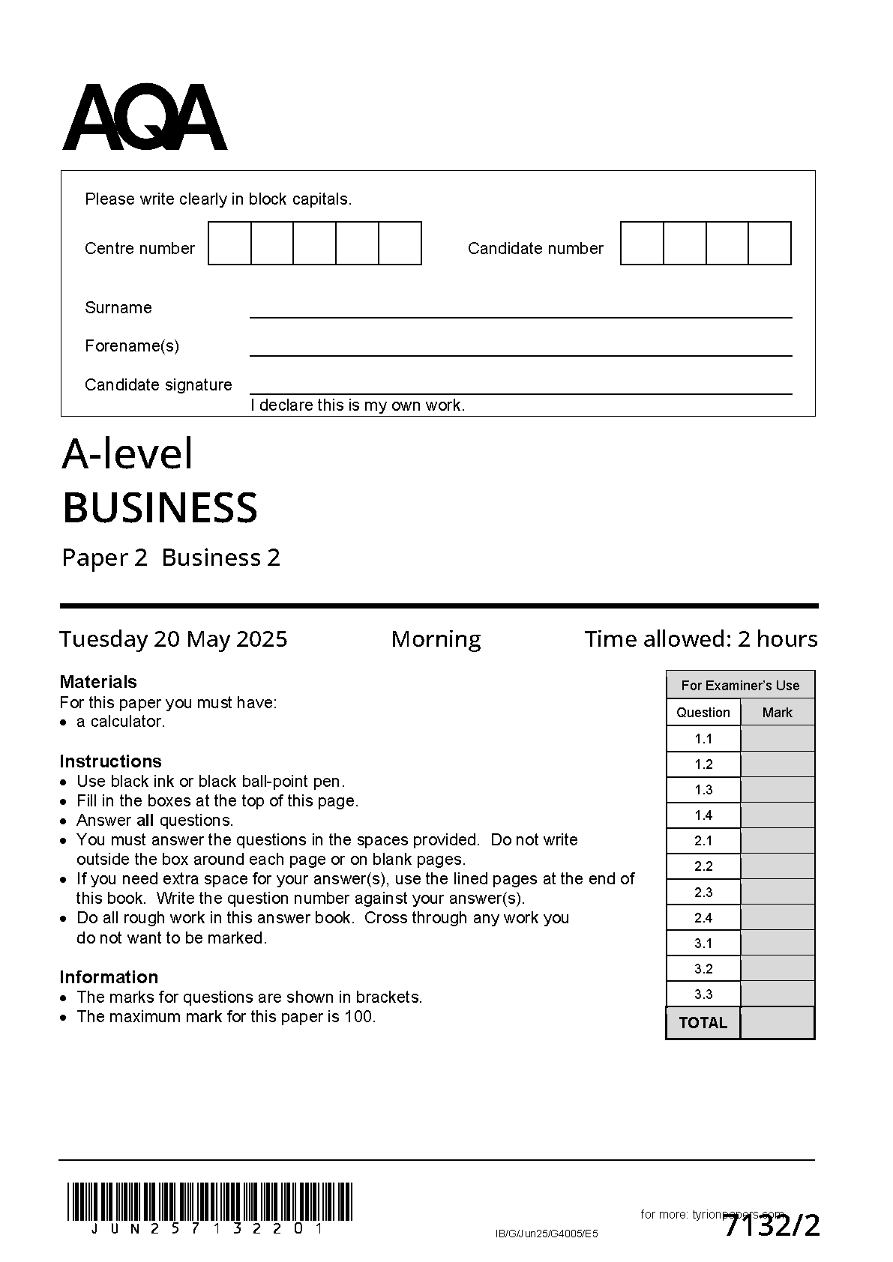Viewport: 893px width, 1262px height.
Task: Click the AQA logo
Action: [x=144, y=118]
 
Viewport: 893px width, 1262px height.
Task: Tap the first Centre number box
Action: [x=229, y=244]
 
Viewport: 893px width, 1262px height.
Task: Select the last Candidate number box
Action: [x=770, y=244]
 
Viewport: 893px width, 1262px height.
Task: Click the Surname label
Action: [x=118, y=308]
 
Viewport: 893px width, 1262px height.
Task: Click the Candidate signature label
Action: [x=158, y=385]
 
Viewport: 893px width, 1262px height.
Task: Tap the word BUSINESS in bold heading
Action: [x=160, y=508]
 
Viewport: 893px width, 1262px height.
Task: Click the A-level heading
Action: [x=127, y=454]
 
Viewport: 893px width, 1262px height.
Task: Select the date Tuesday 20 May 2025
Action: [x=173, y=639]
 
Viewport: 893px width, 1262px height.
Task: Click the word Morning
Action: [x=436, y=639]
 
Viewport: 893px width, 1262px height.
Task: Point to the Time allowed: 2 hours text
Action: [x=700, y=639]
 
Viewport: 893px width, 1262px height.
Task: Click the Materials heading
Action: [x=98, y=682]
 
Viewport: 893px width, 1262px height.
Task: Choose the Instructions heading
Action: [x=110, y=761]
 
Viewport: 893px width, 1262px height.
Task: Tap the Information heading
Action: [x=109, y=977]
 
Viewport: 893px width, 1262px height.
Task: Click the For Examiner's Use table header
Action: [x=740, y=686]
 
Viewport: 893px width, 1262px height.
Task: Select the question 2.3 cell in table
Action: [x=703, y=893]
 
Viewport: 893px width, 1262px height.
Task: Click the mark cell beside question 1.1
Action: [x=777, y=739]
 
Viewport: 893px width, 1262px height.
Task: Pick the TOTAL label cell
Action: [x=703, y=1023]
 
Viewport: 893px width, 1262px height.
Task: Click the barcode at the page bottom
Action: [x=210, y=1201]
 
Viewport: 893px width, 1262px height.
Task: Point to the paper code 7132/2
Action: [x=772, y=1227]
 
